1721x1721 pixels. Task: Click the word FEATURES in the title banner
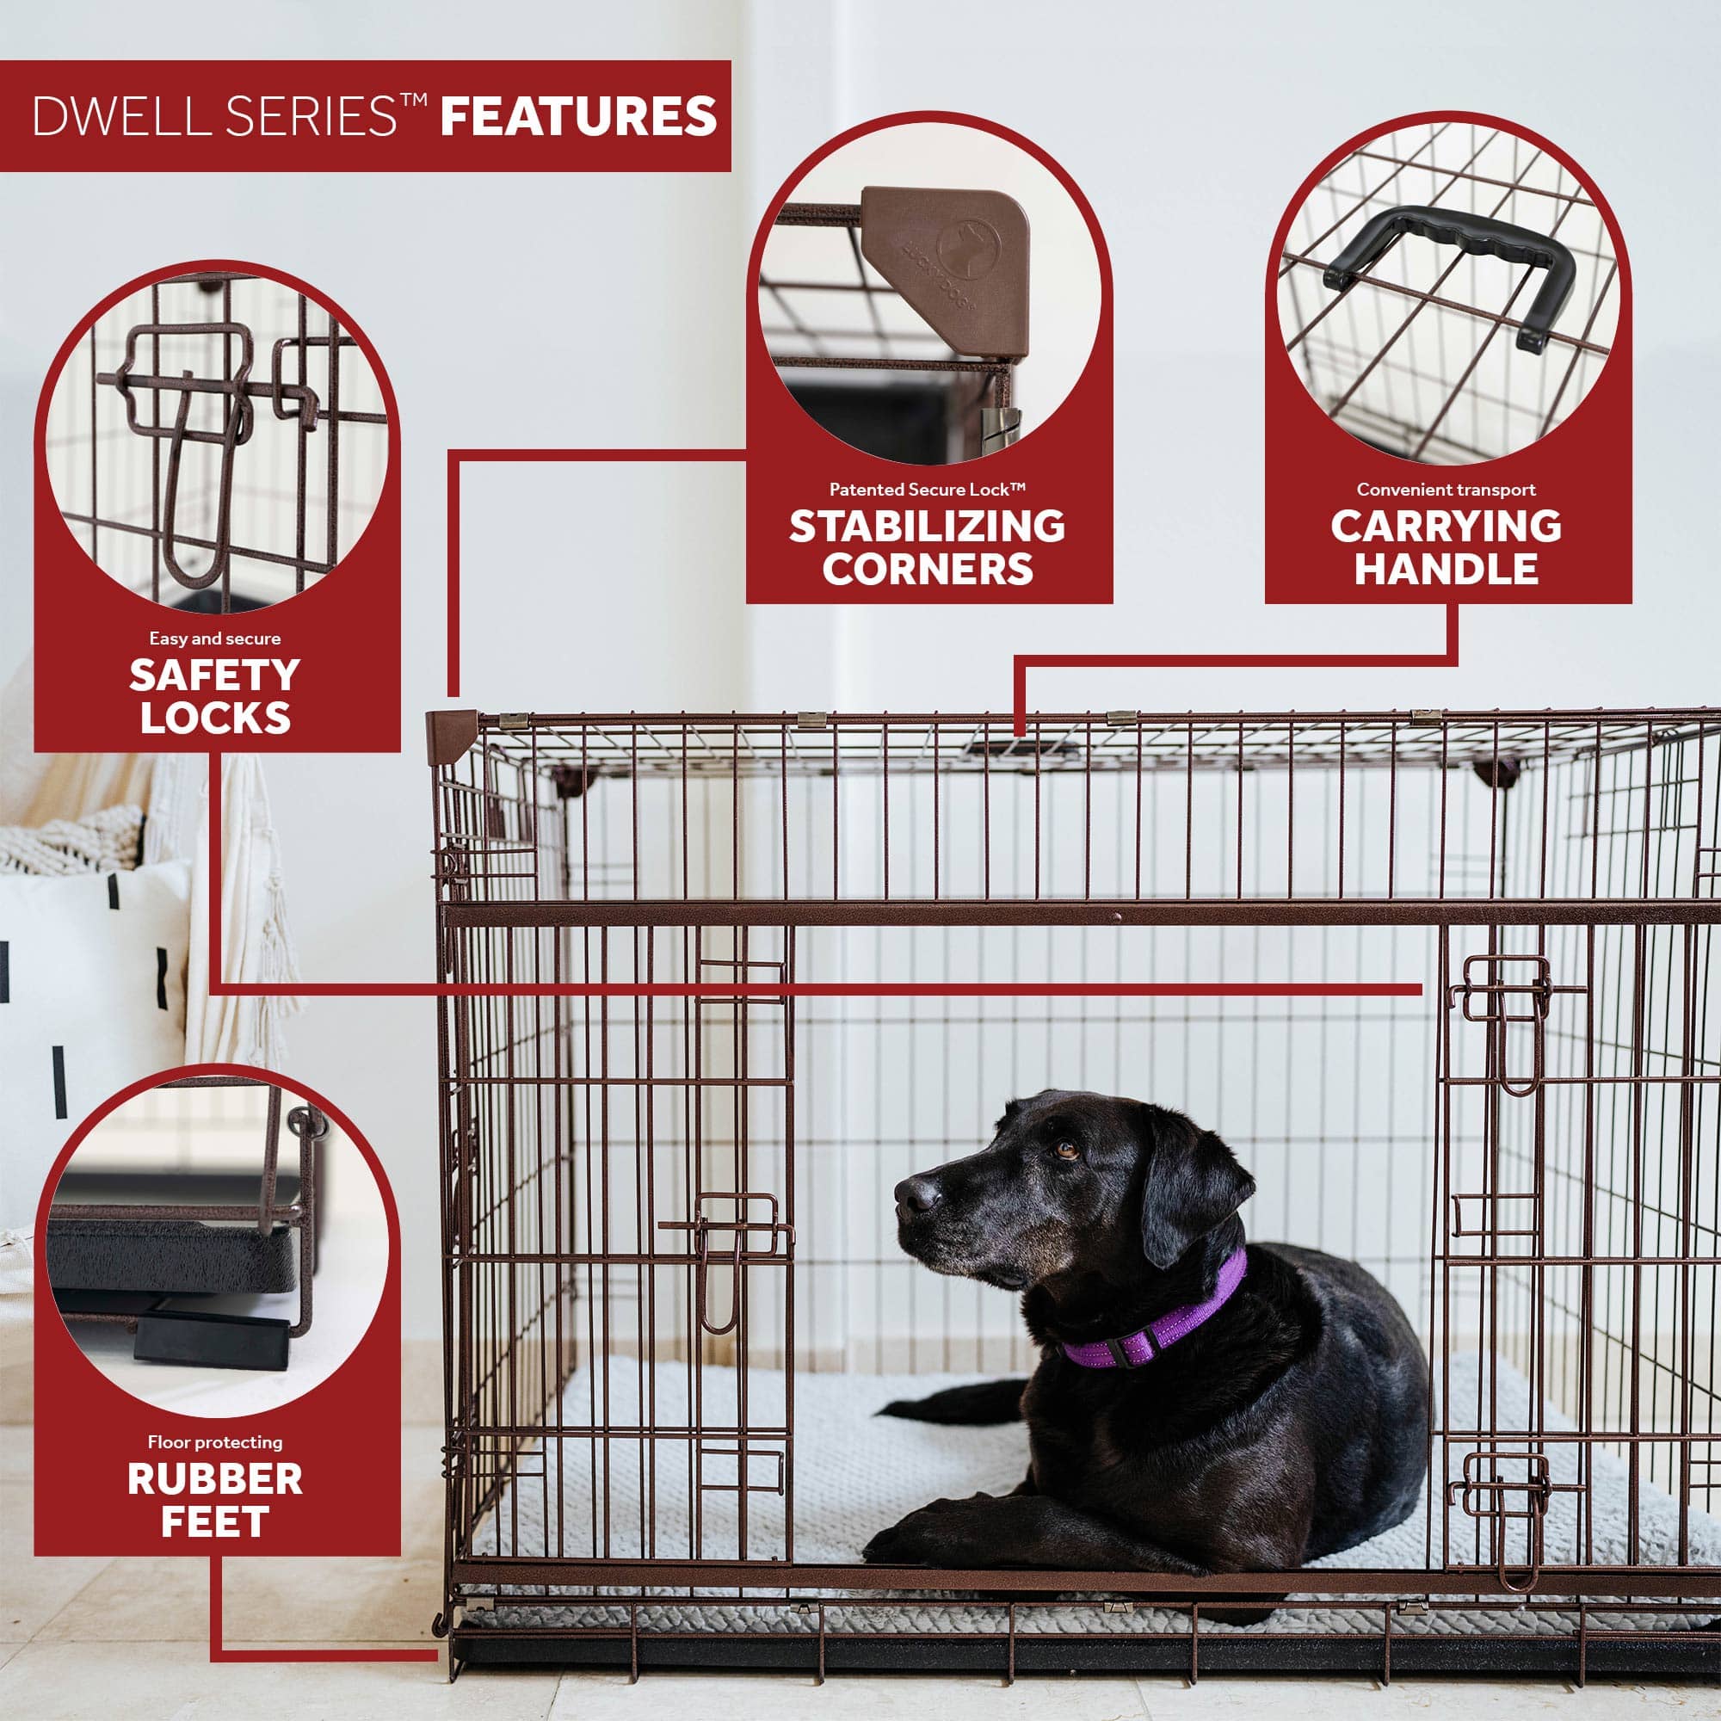click(x=578, y=117)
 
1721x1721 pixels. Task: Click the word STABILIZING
click(x=927, y=527)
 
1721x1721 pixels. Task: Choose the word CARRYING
click(x=1446, y=527)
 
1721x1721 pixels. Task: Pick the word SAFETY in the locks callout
click(x=214, y=675)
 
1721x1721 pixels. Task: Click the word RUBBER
click(x=214, y=1479)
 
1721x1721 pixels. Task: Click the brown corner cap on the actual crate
click(x=452, y=735)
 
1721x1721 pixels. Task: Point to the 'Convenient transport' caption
click(x=1446, y=489)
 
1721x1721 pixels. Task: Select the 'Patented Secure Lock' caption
click(x=928, y=489)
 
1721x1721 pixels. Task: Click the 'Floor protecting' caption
click(x=214, y=1442)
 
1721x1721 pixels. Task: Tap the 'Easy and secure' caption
click(x=214, y=638)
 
